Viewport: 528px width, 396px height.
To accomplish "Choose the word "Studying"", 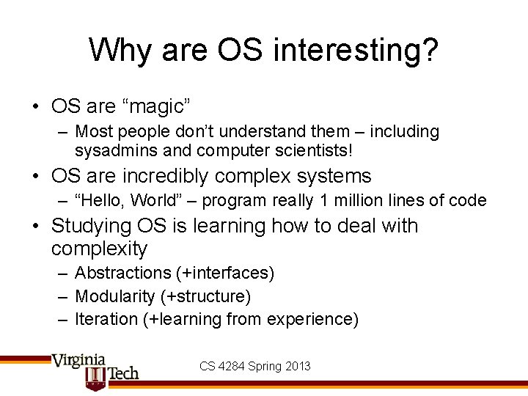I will point(97,225).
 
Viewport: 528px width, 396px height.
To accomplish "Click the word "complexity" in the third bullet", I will point(99,249).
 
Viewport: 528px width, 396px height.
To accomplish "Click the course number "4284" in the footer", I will point(232,365).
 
